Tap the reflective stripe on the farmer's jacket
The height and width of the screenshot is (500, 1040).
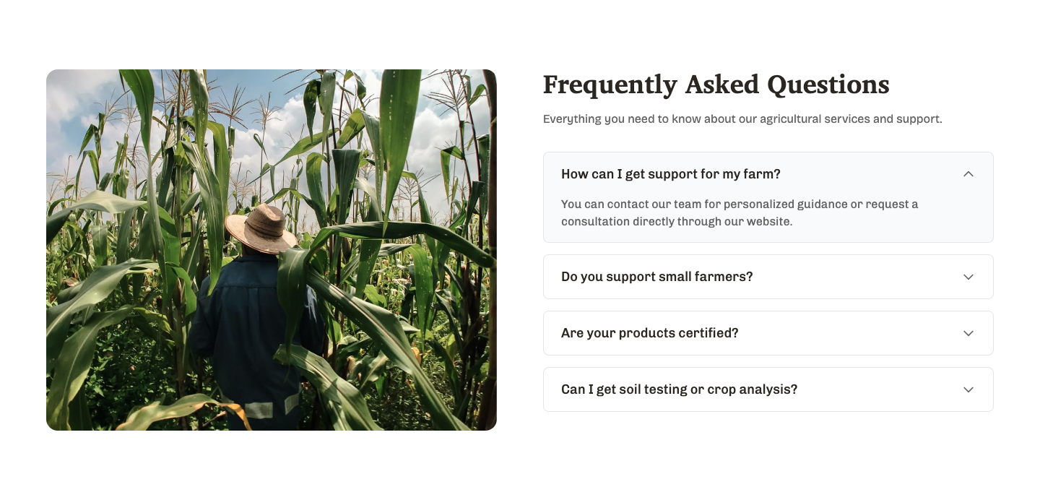[259, 410]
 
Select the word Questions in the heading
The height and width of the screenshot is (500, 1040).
[828, 85]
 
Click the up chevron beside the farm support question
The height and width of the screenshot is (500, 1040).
[968, 174]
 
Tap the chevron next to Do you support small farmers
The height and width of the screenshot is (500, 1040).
[968, 277]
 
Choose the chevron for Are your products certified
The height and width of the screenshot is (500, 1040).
[968, 333]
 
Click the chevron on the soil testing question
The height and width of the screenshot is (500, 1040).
[968, 390]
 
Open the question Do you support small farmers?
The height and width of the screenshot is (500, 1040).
[656, 277]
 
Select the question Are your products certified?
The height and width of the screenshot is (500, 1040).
[649, 333]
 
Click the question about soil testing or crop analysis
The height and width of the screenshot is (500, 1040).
[679, 389]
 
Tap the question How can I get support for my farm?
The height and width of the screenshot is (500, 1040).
[670, 174]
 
